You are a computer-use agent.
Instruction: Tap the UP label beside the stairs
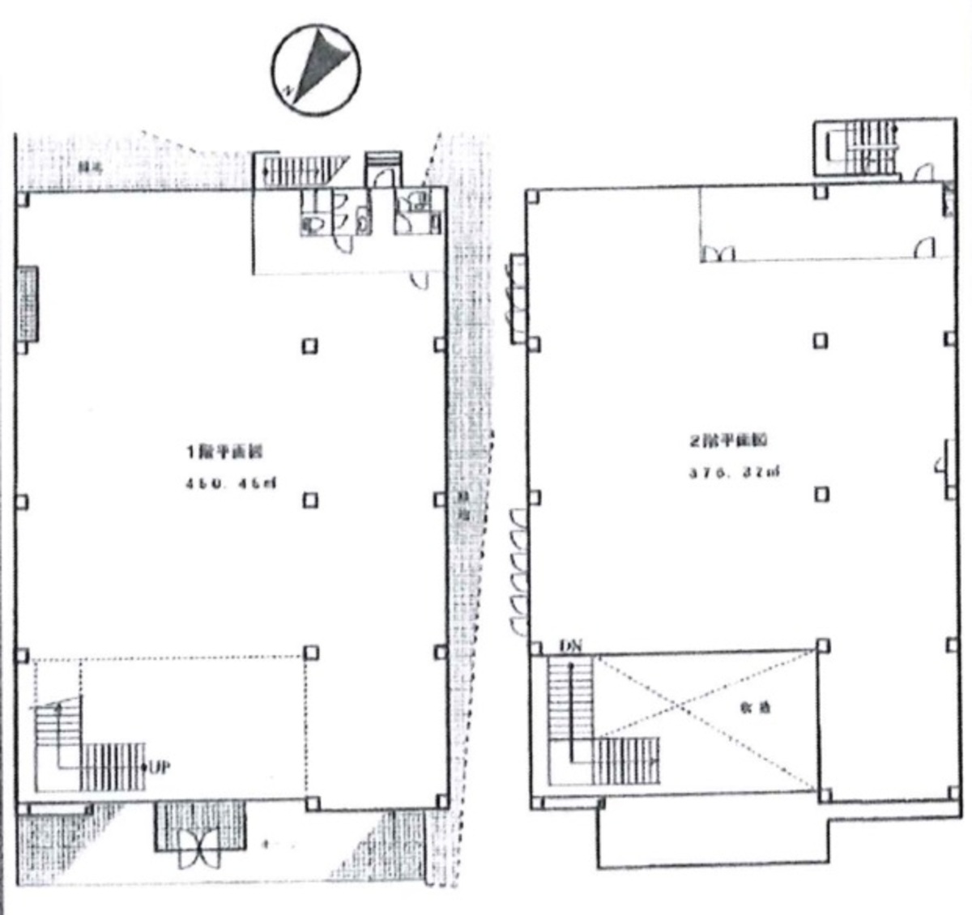click(x=159, y=766)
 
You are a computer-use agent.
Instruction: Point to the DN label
click(x=571, y=645)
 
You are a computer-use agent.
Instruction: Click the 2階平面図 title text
click(x=728, y=441)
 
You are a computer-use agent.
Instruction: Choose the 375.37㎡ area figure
click(x=734, y=472)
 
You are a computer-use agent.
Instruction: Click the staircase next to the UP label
click(x=89, y=749)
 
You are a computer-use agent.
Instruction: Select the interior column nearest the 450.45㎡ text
click(x=309, y=500)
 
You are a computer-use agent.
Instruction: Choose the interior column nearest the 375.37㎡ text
click(x=821, y=493)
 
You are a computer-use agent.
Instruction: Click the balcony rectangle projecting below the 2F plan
click(x=713, y=838)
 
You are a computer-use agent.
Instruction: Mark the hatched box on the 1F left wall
click(x=28, y=303)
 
